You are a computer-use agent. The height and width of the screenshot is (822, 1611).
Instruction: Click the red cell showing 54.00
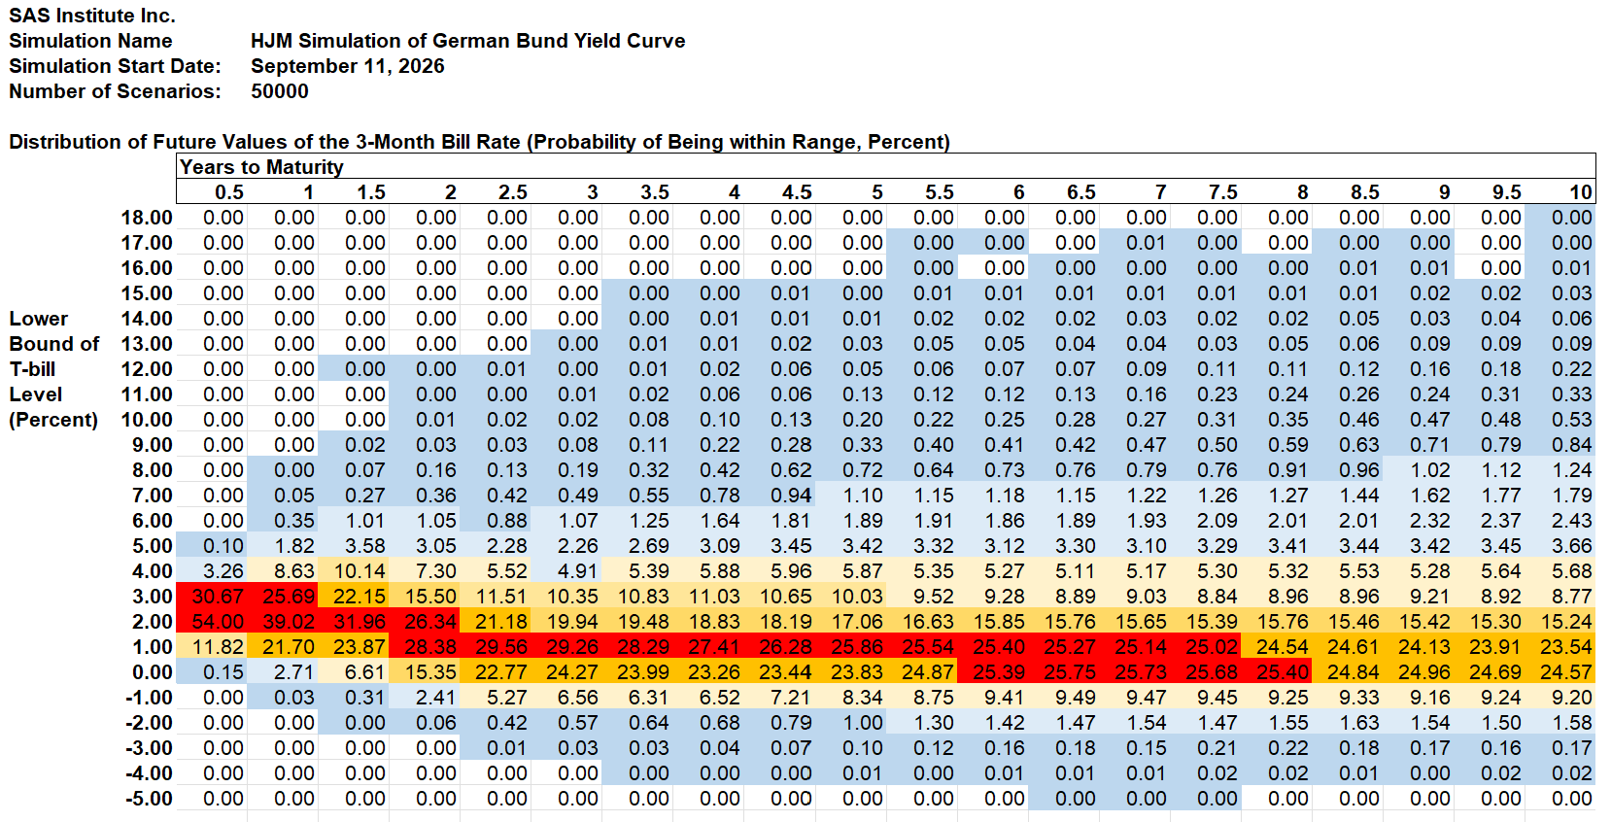coord(212,621)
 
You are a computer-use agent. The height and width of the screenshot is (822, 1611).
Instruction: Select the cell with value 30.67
coord(212,597)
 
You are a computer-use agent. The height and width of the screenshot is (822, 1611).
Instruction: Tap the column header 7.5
coord(1222,192)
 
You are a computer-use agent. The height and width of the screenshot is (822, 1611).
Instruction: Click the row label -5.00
coord(149,799)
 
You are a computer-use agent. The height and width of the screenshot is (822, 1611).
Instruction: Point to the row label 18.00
coord(147,218)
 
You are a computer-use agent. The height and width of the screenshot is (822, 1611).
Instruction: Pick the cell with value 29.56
coord(496,646)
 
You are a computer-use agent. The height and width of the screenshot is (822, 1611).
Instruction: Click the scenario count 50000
coord(280,91)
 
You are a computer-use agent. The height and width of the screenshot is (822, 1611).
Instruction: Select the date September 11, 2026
coord(348,66)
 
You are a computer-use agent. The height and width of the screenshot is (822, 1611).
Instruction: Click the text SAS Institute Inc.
coord(92,16)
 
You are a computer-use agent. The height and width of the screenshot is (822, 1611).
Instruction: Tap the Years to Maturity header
coord(261,167)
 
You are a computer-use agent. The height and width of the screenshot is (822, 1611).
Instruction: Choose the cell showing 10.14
coord(354,571)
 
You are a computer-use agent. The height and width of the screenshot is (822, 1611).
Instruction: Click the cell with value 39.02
coord(283,621)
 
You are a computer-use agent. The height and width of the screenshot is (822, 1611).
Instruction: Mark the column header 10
coord(1580,192)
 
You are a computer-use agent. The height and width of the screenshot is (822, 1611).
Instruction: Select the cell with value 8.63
coord(283,571)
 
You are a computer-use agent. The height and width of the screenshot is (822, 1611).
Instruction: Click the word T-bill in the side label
coord(32,369)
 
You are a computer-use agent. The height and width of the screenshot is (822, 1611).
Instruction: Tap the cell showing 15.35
coord(425,671)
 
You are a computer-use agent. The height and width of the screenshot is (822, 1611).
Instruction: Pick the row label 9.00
coord(152,444)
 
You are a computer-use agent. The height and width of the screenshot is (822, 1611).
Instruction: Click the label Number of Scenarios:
coord(115,91)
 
